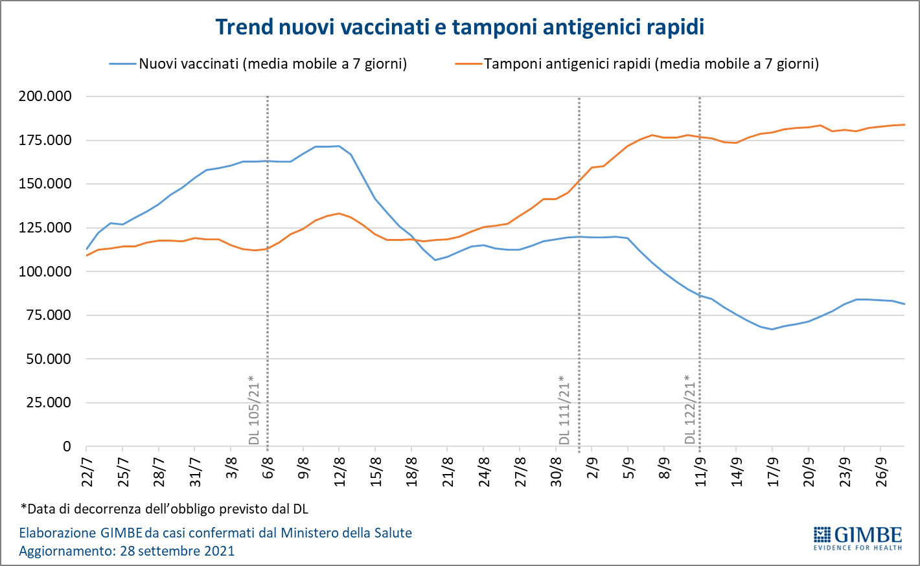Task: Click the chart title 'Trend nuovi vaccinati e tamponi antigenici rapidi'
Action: point(459,27)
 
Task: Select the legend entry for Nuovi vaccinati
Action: point(272,63)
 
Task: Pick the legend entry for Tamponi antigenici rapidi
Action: point(650,63)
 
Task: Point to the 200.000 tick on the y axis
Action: point(45,96)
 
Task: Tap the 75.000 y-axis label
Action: point(49,315)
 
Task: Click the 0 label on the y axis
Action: point(67,447)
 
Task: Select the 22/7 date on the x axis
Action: point(87,472)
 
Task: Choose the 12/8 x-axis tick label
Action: point(339,472)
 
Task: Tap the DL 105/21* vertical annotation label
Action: point(254,410)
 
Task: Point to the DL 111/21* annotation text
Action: point(564,410)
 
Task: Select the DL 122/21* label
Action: point(690,410)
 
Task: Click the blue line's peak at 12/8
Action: point(339,146)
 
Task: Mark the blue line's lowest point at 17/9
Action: point(772,329)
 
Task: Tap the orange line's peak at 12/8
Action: point(339,213)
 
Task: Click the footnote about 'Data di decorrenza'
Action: point(165,508)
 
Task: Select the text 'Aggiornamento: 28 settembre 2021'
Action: point(127,551)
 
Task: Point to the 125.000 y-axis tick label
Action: point(45,228)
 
